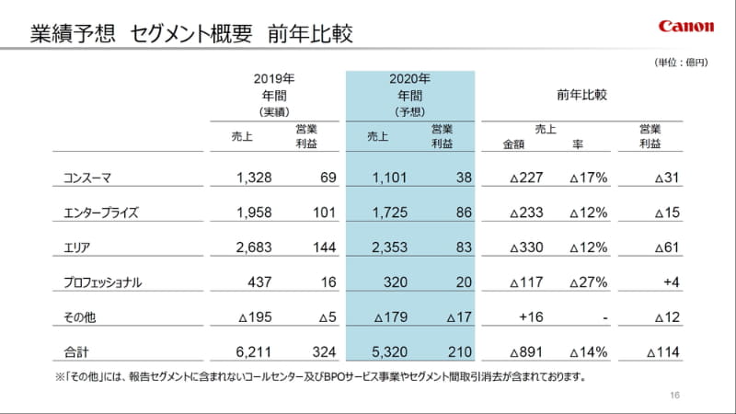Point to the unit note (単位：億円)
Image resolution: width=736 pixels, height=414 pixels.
pyautogui.click(x=681, y=63)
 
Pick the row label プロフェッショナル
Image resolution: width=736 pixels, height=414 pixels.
pyautogui.click(x=104, y=282)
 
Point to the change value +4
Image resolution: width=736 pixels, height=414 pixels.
pyautogui.click(x=669, y=282)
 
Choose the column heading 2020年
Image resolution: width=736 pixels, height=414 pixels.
pyautogui.click(x=410, y=79)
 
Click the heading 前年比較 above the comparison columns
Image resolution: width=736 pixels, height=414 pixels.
pyautogui.click(x=581, y=95)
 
